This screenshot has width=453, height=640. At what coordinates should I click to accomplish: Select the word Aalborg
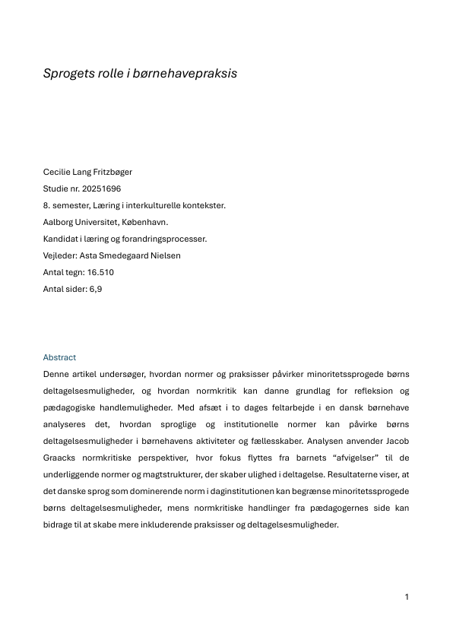59,222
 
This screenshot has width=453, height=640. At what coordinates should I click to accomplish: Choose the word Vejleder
60,255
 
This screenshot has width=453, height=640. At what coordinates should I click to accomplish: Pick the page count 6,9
96,289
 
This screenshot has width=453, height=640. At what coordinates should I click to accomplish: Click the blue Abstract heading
59,357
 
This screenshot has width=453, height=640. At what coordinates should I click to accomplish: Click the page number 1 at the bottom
407,597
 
